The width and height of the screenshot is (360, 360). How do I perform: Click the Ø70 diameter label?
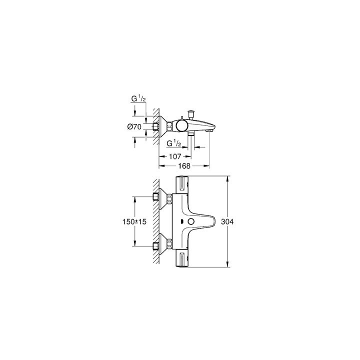[133, 127]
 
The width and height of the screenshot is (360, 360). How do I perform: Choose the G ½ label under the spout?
[174, 143]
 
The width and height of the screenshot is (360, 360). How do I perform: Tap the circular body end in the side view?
[181, 126]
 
